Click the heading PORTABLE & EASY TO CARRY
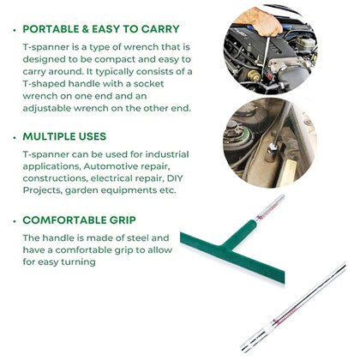(101, 29)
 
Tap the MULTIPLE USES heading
(64, 136)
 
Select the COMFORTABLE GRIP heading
(79, 220)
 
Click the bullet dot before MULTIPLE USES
(15, 138)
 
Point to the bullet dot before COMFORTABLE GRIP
(15, 221)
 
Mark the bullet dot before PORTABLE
(15, 30)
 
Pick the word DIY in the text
(174, 178)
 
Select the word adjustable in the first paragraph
(46, 109)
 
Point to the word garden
(78, 190)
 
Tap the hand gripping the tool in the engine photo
(260, 21)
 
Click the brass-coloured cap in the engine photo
(254, 75)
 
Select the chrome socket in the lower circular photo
(272, 153)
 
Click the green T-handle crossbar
(232, 258)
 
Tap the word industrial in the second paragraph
(167, 154)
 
